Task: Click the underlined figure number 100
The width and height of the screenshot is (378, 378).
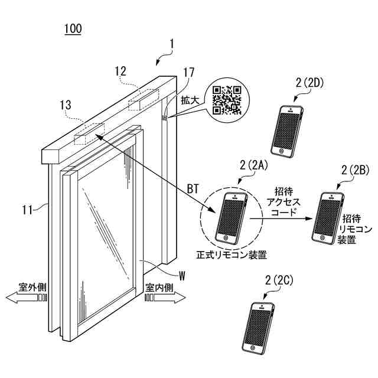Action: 73,28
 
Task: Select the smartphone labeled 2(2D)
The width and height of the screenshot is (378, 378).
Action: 288,130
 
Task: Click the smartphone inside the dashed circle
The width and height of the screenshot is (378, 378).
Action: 230,217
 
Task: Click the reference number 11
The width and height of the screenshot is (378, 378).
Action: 27,207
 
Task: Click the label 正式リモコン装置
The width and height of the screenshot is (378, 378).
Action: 232,255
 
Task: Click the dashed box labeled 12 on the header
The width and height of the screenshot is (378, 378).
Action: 144,98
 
